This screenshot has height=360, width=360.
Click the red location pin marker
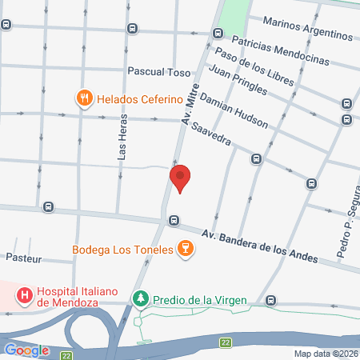[x=181, y=178]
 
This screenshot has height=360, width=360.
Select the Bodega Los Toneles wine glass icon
[x=186, y=250]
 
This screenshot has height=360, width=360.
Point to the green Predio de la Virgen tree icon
[x=141, y=298]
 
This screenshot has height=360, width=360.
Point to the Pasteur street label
[x=23, y=259]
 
